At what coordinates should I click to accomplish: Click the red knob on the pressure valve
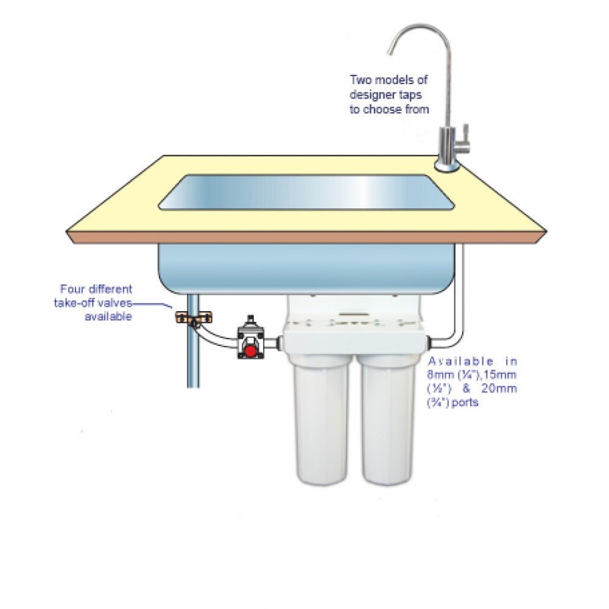pos(249,351)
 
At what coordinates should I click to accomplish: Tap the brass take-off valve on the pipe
pos(194,317)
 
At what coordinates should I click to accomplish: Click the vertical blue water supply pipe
pos(193,359)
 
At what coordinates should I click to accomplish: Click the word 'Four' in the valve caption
pos(71,289)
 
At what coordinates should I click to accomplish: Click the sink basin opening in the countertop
pos(308,192)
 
